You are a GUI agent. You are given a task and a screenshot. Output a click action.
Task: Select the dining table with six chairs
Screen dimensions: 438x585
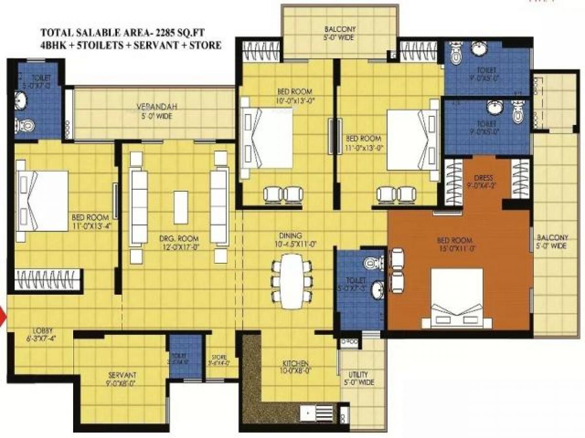pyautogui.click(x=292, y=281)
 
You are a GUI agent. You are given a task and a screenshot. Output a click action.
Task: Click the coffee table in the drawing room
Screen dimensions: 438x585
pyautogui.click(x=181, y=207)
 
